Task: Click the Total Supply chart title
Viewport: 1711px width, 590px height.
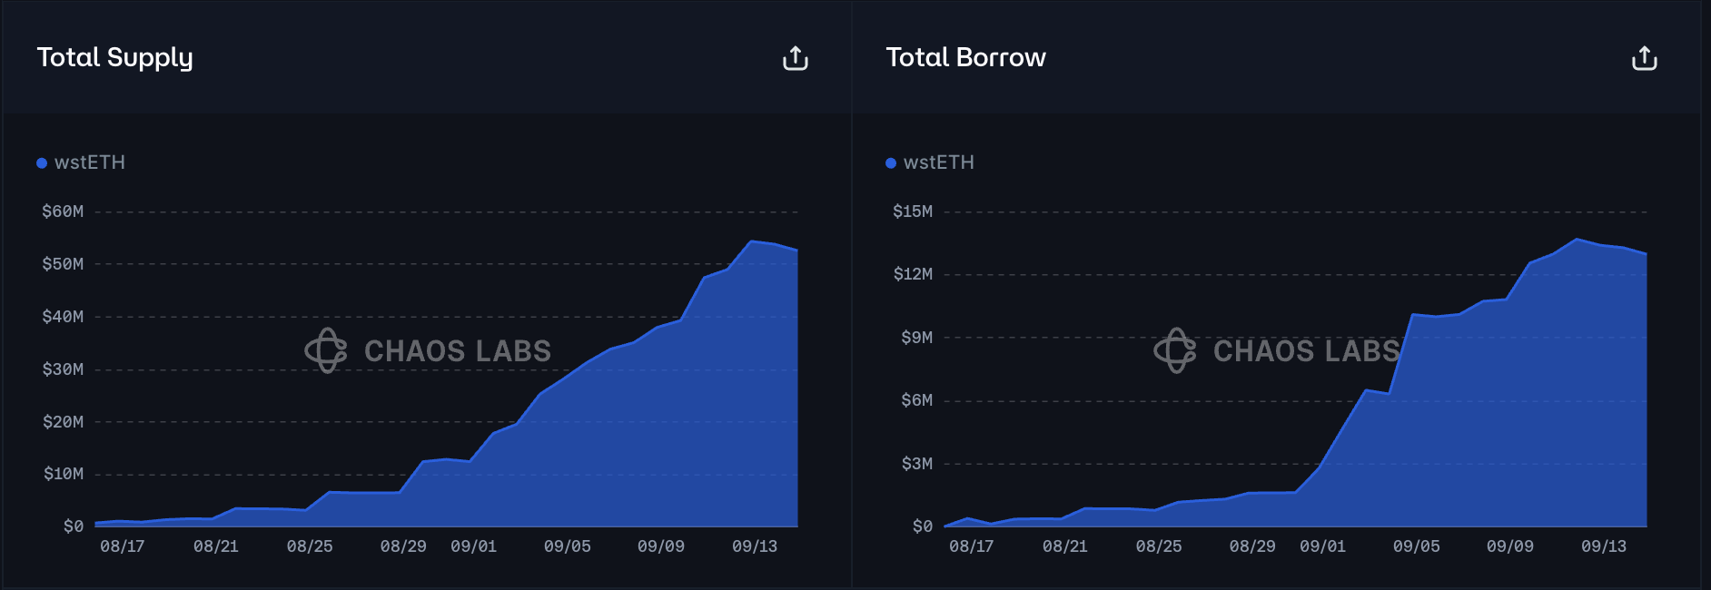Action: click(114, 57)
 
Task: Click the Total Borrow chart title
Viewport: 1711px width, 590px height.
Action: click(965, 57)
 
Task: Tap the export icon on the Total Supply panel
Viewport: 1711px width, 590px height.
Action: click(796, 58)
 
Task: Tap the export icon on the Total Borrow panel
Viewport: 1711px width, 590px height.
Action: click(1645, 58)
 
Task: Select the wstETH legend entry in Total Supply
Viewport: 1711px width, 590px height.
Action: click(89, 162)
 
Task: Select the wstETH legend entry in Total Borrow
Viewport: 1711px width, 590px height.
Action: click(938, 162)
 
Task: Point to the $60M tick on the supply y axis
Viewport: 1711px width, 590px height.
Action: click(63, 211)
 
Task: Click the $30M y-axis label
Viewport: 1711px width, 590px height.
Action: click(63, 369)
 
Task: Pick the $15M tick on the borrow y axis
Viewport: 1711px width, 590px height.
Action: click(913, 211)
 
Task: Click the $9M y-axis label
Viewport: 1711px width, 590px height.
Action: click(916, 338)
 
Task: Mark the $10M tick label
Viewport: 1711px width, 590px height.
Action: click(63, 474)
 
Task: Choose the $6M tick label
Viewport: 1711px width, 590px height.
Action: click(916, 400)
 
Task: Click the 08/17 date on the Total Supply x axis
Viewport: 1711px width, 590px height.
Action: click(122, 546)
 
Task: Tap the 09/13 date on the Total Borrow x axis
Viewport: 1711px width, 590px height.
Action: click(1604, 546)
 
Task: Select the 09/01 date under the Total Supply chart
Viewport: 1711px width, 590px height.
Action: click(473, 546)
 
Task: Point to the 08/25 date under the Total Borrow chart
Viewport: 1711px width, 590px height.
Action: click(1159, 546)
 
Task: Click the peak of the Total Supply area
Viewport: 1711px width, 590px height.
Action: click(751, 241)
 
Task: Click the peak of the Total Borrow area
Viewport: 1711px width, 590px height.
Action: click(1577, 240)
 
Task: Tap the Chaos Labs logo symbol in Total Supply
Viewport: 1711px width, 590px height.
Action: click(326, 350)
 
